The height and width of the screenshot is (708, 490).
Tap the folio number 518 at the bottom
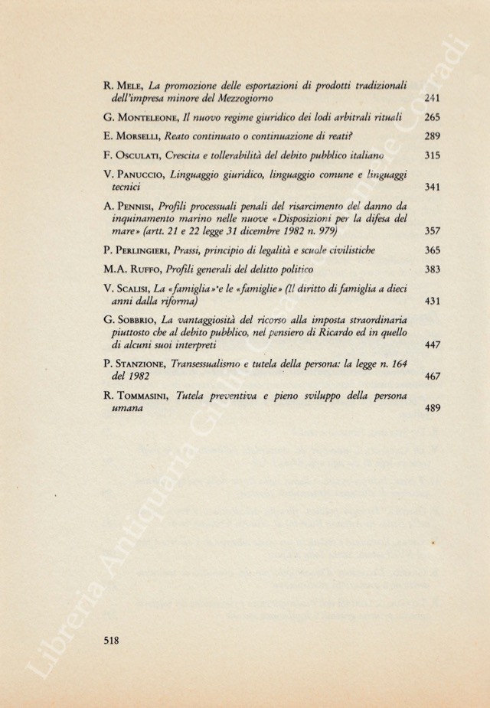pos(111,641)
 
